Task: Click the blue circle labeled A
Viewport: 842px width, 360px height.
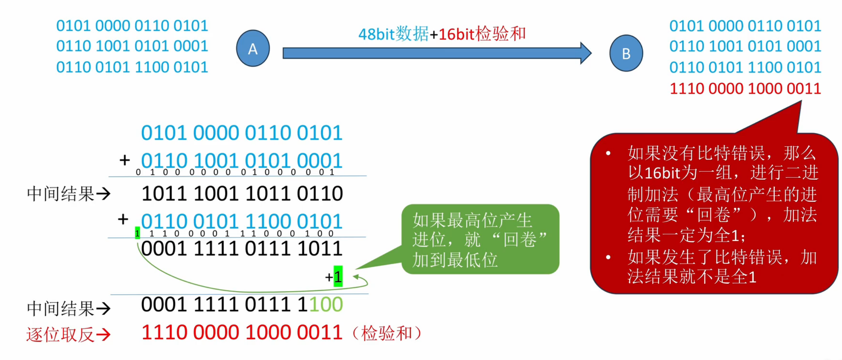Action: tap(253, 48)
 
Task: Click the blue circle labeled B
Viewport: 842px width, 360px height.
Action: tap(626, 53)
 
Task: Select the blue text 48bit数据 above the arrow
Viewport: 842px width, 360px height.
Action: tap(393, 34)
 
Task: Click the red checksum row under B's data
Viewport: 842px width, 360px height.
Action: tap(745, 88)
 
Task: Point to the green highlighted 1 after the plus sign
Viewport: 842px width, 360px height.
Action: tap(338, 276)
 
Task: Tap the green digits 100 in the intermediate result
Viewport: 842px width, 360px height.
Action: tap(326, 304)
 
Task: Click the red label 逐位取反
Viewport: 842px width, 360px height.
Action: tap(60, 334)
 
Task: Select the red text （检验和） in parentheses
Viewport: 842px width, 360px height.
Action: tap(387, 333)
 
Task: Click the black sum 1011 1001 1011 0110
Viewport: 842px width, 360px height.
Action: tap(242, 193)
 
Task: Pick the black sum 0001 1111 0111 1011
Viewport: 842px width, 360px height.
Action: tap(242, 248)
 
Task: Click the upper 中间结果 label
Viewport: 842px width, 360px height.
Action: tap(60, 193)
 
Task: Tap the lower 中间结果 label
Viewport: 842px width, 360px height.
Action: tap(60, 308)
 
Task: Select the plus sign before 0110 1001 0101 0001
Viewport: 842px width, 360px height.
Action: tap(125, 160)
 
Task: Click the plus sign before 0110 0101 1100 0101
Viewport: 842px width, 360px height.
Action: tap(123, 219)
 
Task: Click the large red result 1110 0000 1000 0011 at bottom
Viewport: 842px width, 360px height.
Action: tap(242, 332)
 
